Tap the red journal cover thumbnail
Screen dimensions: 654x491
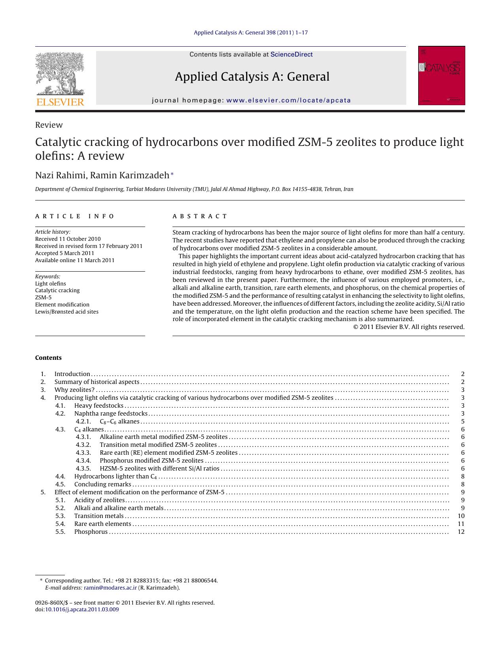442,76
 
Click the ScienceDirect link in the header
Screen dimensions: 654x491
291,55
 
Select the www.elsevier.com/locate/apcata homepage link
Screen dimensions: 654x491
288,100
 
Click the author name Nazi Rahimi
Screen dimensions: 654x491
60,175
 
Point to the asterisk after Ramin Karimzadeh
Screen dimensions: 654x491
172,174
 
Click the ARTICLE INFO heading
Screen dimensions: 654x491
75,216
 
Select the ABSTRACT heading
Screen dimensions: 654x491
200,216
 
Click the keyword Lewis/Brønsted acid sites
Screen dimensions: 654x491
67,312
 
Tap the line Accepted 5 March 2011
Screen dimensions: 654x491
64,253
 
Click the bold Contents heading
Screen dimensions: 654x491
48,358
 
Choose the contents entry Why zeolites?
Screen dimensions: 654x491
74,390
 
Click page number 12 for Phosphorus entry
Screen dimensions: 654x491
461,532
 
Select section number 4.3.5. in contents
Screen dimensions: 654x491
83,469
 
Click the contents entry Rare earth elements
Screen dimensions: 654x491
102,524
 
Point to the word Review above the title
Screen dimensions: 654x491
49,125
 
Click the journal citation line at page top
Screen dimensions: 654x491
250,32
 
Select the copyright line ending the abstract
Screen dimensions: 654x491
409,327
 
